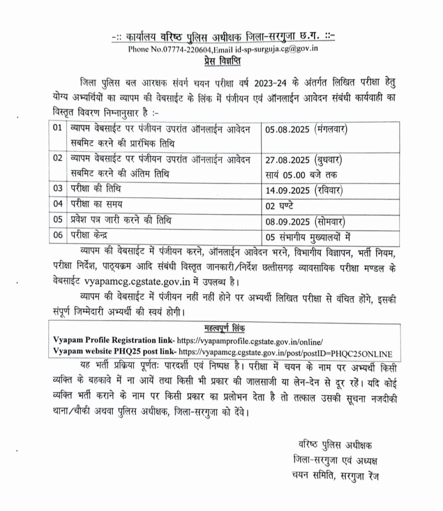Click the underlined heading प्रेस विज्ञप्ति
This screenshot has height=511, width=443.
[222, 61]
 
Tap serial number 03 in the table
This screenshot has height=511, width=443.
[58, 190]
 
